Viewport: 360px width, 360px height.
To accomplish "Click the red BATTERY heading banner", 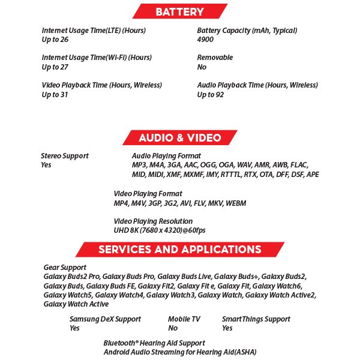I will point(179,11).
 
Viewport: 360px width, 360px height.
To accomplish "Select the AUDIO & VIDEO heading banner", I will point(179,137).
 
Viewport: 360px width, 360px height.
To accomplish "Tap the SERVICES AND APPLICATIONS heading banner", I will point(179,250).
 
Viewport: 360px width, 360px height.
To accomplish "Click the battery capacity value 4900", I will point(205,40).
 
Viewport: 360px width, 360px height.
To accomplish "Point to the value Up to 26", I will point(55,40).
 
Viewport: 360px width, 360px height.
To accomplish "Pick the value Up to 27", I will point(55,67).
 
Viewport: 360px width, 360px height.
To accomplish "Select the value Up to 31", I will point(55,95).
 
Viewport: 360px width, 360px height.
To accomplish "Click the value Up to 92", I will point(211,95).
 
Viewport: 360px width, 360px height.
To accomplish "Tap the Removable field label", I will point(215,58).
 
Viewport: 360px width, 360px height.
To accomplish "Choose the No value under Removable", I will point(202,67).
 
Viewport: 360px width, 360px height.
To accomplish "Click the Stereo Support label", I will point(64,156).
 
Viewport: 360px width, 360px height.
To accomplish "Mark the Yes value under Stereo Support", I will point(46,165).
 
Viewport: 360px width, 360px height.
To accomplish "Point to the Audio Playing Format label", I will point(166,156).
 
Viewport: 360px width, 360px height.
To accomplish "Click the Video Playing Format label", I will point(148,194).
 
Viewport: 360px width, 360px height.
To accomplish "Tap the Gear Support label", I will point(65,267).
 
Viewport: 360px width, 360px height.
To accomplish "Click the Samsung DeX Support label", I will point(105,319).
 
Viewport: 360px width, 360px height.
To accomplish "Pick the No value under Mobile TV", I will point(173,328).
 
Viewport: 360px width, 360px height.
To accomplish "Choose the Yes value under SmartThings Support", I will point(227,328).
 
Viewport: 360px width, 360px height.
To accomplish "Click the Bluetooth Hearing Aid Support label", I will point(154,343).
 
